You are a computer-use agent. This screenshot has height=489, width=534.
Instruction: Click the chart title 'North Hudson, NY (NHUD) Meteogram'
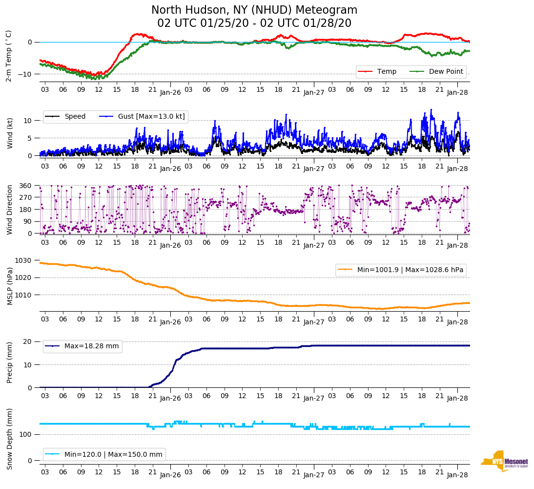(254, 10)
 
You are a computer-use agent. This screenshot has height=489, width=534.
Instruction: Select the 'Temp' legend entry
(387, 72)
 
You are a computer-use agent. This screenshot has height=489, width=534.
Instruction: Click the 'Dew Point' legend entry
(447, 72)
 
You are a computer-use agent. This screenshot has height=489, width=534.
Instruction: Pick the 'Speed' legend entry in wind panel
(75, 116)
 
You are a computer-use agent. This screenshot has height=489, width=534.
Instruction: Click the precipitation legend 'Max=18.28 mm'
(91, 346)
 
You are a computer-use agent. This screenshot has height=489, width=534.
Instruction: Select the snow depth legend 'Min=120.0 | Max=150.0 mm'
(113, 454)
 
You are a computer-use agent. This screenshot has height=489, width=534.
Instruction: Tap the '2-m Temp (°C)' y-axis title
(8, 55)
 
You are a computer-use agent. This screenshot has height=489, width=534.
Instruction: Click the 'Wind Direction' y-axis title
(10, 209)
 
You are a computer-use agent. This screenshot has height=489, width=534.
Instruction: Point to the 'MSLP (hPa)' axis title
(10, 286)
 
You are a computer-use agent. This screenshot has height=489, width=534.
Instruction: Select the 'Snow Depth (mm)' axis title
(10, 439)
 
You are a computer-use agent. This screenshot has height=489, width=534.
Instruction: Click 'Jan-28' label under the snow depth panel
(457, 474)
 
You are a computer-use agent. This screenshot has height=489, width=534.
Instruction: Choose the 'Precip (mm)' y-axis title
(10, 362)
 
